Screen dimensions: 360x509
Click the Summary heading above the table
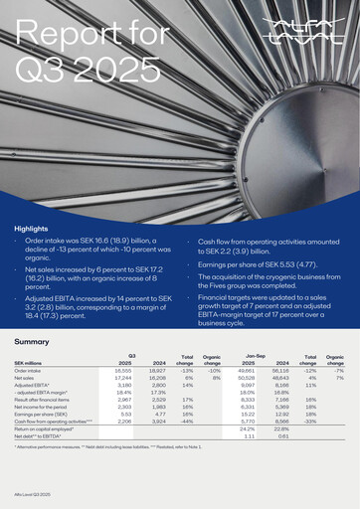[x=33, y=341]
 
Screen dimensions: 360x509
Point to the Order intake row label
[x=30, y=370]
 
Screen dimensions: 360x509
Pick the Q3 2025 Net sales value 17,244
[x=123, y=378]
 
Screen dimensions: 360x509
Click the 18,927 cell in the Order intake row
[x=157, y=370]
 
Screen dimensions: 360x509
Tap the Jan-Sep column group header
[x=255, y=354]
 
